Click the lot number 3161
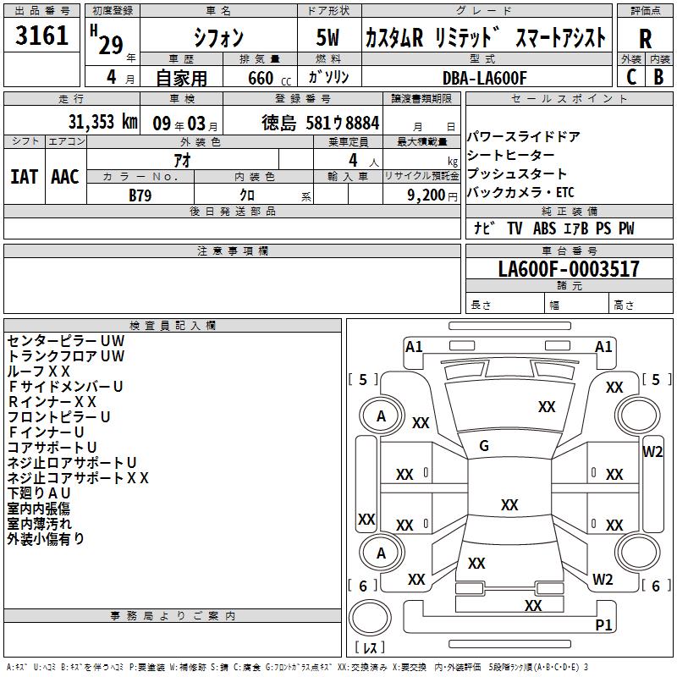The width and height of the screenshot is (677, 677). tap(41, 35)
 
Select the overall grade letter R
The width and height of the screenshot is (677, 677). tap(645, 39)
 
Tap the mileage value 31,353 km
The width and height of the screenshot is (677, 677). tap(102, 122)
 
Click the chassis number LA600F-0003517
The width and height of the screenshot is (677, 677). tap(569, 269)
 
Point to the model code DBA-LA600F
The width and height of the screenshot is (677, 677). tap(484, 78)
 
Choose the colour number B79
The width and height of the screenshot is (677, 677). tap(140, 195)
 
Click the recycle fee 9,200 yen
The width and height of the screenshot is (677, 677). tap(432, 195)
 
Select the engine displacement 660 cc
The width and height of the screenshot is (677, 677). tap(269, 78)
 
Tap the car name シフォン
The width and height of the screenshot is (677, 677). tap(218, 37)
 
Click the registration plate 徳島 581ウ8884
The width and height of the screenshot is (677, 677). tap(321, 123)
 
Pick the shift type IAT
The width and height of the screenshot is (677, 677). tap(25, 177)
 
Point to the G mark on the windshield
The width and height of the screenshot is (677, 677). tap(484, 446)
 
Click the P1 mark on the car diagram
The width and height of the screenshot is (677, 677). tap(603, 625)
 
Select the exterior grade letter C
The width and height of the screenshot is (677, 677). tap(631, 77)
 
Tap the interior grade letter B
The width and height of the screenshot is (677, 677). tap(658, 77)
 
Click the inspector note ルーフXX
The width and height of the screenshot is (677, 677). tap(38, 372)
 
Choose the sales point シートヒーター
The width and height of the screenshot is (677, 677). tap(511, 155)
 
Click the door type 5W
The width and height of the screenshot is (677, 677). tap(327, 37)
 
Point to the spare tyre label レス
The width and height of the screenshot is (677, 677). tap(370, 647)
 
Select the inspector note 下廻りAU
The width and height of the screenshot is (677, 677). tap(39, 493)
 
